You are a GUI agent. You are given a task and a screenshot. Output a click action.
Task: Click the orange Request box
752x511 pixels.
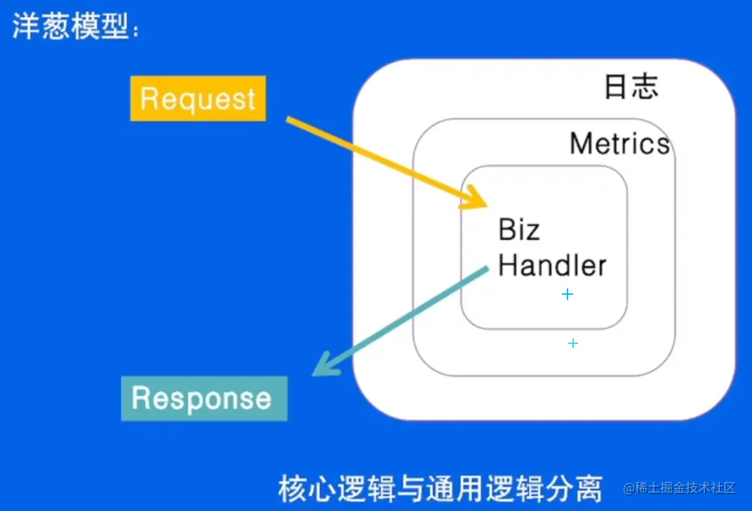(x=198, y=98)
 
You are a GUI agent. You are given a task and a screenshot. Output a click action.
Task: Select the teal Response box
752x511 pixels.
(x=203, y=399)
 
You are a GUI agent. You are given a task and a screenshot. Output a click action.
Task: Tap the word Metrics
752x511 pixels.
(x=619, y=144)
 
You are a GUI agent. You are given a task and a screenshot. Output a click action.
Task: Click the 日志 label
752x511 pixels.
(x=631, y=86)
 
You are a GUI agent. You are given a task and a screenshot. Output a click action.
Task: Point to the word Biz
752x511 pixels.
(x=519, y=230)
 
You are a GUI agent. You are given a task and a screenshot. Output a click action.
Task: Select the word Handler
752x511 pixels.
(x=552, y=265)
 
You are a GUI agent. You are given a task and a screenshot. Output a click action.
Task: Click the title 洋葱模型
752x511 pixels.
(x=70, y=28)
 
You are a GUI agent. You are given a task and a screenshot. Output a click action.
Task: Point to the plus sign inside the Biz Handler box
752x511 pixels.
(x=568, y=294)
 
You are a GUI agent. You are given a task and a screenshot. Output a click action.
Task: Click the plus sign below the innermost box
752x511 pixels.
(x=573, y=343)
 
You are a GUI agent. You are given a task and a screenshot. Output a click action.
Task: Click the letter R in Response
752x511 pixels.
(x=142, y=399)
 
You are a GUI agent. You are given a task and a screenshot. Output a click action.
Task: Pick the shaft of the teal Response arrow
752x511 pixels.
(x=407, y=312)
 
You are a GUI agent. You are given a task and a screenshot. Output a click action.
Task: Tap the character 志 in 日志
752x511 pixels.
(x=645, y=86)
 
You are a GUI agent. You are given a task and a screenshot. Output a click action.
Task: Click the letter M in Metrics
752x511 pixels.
(x=582, y=144)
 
